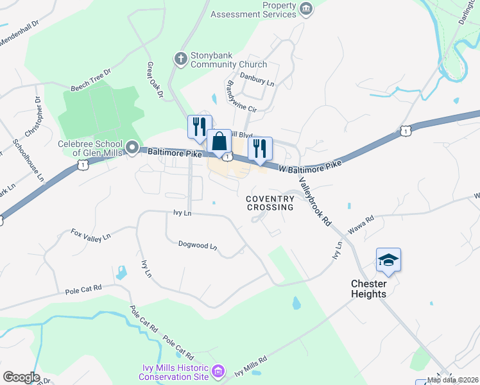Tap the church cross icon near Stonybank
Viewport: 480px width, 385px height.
click(x=180, y=59)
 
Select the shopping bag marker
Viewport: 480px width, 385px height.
click(x=219, y=141)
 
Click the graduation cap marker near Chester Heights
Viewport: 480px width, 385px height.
click(x=388, y=259)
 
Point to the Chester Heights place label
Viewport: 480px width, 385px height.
click(x=368, y=289)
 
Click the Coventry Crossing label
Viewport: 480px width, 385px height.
click(x=270, y=203)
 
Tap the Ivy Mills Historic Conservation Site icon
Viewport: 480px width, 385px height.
click(x=218, y=371)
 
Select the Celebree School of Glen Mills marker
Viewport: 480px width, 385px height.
click(x=132, y=148)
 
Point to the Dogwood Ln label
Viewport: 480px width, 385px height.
click(x=198, y=246)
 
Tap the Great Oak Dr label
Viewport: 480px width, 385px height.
click(x=155, y=80)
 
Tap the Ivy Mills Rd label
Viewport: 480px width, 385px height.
click(x=250, y=367)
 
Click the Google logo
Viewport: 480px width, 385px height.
click(x=21, y=377)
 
